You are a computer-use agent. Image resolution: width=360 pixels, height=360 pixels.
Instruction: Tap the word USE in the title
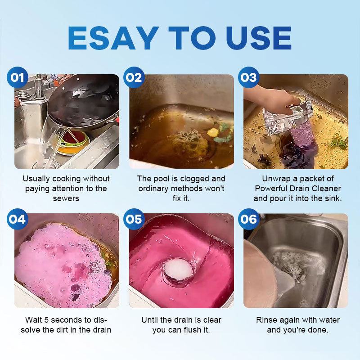tap(259, 38)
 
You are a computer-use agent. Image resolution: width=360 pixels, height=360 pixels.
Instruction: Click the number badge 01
tap(18, 77)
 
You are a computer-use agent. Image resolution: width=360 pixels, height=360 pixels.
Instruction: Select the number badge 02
tap(134, 77)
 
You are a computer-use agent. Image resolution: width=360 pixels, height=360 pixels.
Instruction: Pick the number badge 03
tap(249, 77)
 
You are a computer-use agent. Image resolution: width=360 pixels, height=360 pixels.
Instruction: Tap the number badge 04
tap(18, 219)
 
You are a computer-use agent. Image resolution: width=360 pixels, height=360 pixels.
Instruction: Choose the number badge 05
tap(134, 219)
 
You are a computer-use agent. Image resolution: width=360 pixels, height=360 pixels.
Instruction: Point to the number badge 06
tap(249, 219)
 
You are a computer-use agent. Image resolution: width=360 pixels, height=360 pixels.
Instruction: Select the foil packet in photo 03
tap(287, 117)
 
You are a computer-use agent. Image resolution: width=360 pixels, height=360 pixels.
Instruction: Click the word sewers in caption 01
tap(66, 198)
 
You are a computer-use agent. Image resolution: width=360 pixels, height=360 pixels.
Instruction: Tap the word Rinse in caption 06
tap(266, 320)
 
